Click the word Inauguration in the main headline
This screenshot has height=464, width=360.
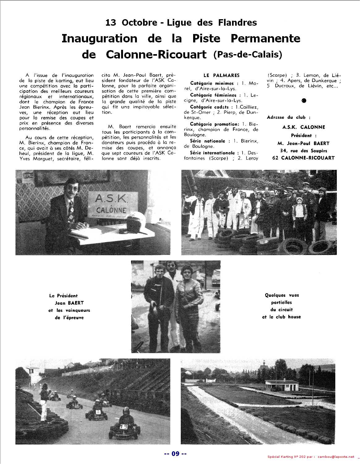tap(99, 39)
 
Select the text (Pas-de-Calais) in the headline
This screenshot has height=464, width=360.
tap(248, 54)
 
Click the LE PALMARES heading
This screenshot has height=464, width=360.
tap(222, 75)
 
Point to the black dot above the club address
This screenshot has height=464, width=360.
tap(304, 101)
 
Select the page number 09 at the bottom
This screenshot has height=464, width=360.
tap(176, 454)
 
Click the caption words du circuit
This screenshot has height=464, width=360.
tap(281, 309)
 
